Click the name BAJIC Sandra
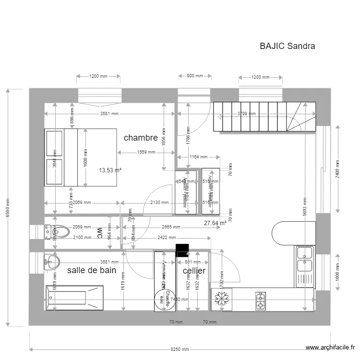coord(287,46)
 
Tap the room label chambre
coord(141,138)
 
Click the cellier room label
coord(194,271)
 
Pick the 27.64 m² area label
coord(215,223)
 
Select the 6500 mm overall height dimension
coord(7,208)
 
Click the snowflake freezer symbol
coord(221,300)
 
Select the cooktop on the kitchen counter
coord(261,300)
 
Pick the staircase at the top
coord(264,116)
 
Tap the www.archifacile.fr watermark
coord(331,348)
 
